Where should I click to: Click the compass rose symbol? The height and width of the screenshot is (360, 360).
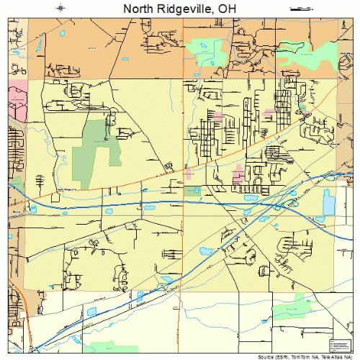[60, 8]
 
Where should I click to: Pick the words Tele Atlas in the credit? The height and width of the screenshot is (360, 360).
[328, 356]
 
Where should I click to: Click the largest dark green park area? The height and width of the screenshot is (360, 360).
[94, 151]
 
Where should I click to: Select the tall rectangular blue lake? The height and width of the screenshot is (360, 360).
[328, 202]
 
